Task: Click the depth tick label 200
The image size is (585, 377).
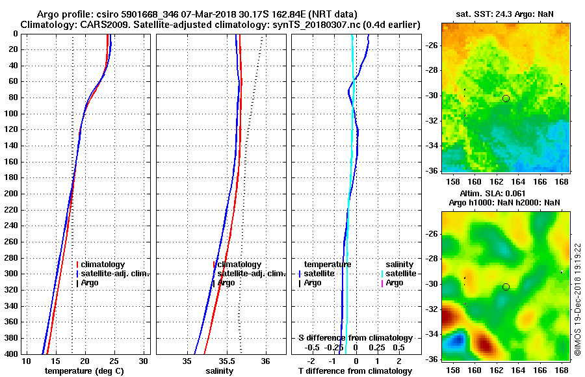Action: [x=11, y=194]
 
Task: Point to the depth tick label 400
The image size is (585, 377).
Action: [x=11, y=354]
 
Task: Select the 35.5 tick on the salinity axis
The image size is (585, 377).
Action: [x=226, y=361]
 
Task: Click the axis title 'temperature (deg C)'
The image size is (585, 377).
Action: [x=84, y=371]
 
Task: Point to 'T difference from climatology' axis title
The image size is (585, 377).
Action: [x=355, y=371]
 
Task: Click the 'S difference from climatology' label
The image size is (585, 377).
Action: [x=355, y=338]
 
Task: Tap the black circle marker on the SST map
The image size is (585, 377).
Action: [x=506, y=98]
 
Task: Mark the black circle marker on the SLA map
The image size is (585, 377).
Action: [x=506, y=287]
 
